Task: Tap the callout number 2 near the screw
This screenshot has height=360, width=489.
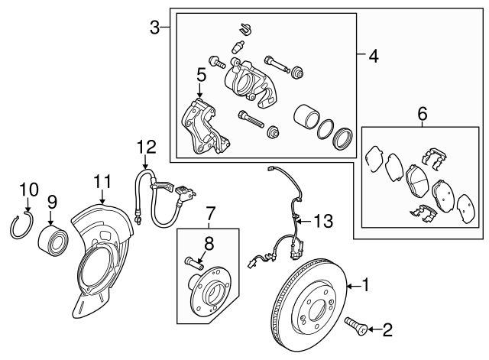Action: pos(387,329)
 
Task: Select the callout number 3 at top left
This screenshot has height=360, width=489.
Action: pos(155,28)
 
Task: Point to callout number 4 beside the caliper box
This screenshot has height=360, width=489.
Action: pos(374,56)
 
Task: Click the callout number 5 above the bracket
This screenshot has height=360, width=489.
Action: pos(200,75)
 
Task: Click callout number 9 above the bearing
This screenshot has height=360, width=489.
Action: pos(52,202)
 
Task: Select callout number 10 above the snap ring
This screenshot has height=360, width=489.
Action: pos(28,188)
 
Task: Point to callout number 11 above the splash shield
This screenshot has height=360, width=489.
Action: pos(102,181)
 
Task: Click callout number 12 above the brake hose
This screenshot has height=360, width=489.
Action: pos(145,146)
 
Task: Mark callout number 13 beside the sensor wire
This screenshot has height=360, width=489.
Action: pos(324,222)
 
